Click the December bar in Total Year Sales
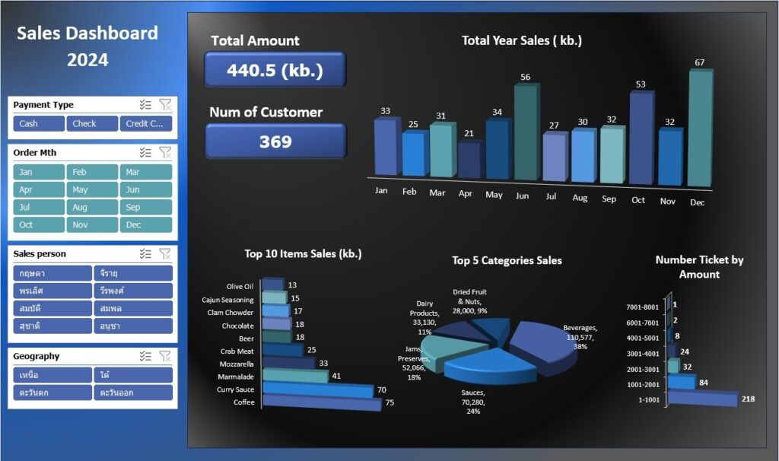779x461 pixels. (700, 129)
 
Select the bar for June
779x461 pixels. (525, 133)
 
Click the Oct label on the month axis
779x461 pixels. (638, 199)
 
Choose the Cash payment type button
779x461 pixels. (38, 124)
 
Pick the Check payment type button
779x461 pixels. (91, 124)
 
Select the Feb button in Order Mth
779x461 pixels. (91, 173)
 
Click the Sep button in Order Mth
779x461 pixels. (145, 208)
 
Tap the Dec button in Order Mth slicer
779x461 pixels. (145, 225)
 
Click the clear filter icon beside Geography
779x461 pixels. (165, 356)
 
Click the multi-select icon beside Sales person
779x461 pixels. (145, 254)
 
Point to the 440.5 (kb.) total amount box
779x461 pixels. (275, 71)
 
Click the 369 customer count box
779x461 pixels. (275, 141)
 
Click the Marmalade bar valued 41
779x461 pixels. (295, 376)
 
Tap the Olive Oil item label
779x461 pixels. (240, 286)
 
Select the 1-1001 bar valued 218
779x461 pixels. (701, 399)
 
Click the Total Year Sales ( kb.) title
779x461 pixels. (522, 41)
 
